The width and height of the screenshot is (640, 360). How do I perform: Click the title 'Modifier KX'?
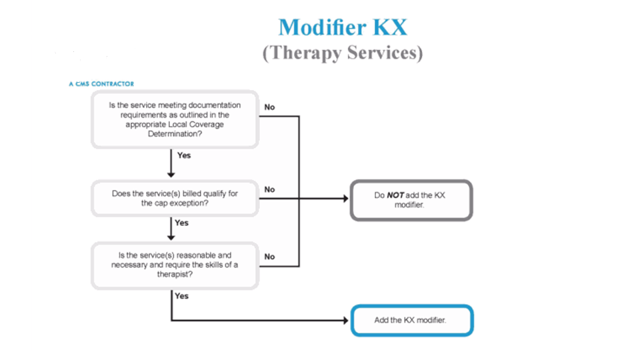pos(342,27)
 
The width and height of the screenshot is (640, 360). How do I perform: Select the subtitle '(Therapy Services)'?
pos(342,53)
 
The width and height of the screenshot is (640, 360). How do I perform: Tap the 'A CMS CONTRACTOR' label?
pos(101,84)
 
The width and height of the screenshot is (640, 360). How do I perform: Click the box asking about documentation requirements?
pos(175,119)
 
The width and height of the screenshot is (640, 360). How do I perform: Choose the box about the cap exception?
pos(175,198)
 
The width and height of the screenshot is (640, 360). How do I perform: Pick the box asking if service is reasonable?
pos(175,265)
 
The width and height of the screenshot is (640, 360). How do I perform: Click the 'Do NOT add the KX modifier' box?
pos(411,200)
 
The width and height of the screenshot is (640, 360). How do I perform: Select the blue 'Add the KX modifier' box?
pos(411,320)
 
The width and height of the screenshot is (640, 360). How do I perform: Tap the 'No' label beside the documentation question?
pos(269,107)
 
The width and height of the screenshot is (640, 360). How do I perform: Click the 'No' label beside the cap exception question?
pos(269,189)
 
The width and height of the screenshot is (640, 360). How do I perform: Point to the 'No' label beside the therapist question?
pos(269,256)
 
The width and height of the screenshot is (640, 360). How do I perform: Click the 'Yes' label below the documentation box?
pos(183,155)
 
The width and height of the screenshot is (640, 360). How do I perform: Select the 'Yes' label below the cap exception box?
pos(181,223)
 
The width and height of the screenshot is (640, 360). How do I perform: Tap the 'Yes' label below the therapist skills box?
pos(181,296)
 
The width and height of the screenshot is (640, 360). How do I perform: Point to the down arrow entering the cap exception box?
pos(171,174)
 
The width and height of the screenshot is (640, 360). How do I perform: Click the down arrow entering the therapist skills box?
pos(171,237)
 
